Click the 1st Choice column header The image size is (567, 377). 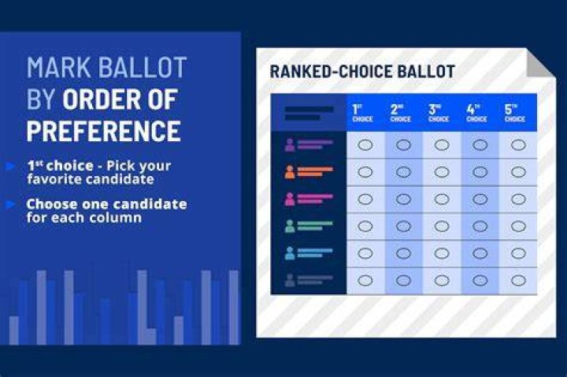pos(362,113)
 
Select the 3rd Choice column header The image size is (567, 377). pos(439,113)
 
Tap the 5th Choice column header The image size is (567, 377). pos(514,113)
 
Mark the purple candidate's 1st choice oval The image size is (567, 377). pos(365,145)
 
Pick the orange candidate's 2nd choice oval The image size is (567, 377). pos(403,172)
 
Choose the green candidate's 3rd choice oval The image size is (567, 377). pos(442,226)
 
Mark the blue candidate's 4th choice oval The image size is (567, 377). pos(480,253)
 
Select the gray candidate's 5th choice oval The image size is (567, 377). pos(518,280)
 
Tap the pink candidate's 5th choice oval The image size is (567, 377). pos(518,200)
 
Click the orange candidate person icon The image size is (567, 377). pos(290,172)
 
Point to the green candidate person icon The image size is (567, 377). pos(290,226)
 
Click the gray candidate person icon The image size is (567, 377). pos(290,280)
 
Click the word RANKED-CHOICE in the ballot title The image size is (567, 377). pos(332,71)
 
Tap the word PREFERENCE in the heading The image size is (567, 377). pos(104,131)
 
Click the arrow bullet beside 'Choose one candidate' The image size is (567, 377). pos(10,204)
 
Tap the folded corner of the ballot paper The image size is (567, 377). pos(540,63)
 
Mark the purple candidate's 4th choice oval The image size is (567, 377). pos(480,145)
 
